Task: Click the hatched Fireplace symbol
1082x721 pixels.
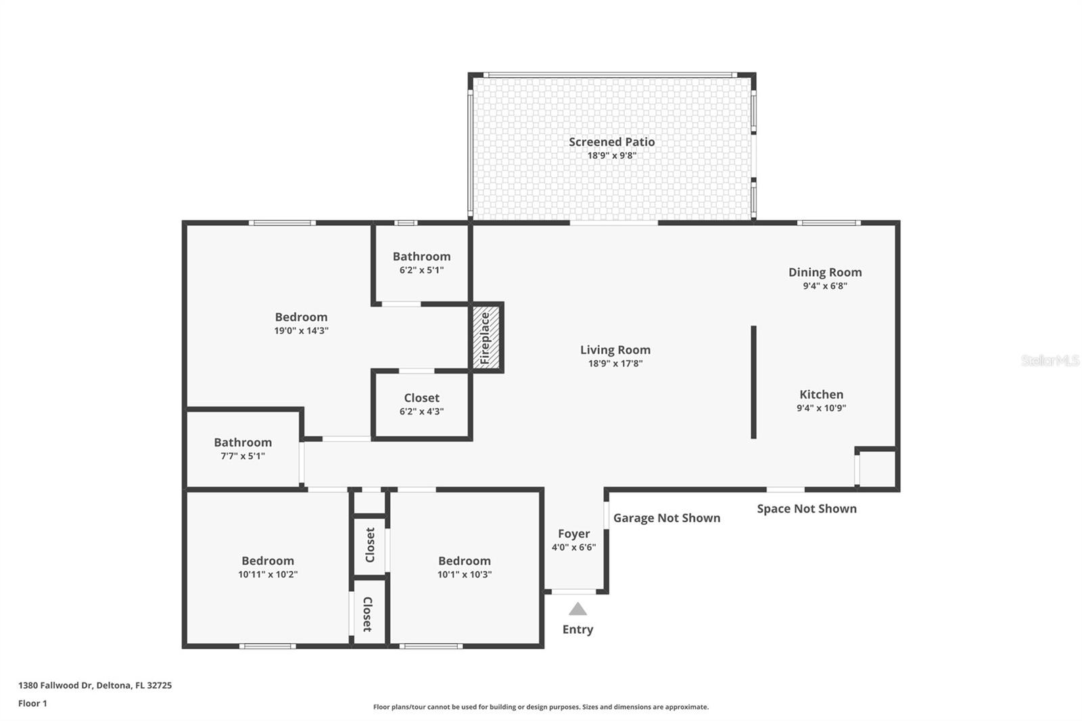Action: tap(486, 338)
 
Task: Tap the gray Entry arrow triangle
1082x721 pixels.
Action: tap(578, 609)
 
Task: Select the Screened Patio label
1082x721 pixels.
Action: tap(611, 142)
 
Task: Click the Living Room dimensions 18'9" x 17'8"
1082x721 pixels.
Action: tap(615, 364)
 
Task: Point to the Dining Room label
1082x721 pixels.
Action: tap(825, 273)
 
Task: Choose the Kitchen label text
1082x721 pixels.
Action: tap(821, 394)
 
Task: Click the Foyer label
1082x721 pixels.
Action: tap(573, 534)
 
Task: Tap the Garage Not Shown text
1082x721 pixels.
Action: tap(666, 518)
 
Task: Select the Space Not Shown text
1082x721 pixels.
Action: tap(806, 509)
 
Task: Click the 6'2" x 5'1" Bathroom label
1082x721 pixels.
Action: tap(421, 256)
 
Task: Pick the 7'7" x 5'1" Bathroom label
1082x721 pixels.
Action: tap(243, 442)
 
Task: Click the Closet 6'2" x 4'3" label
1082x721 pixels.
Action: tap(421, 398)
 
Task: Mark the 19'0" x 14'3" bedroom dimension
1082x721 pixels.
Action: tap(301, 331)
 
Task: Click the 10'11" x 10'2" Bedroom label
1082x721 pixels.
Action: tap(268, 561)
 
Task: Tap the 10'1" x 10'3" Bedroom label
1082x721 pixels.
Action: tap(464, 561)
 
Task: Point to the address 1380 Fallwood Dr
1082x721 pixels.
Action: tap(95, 685)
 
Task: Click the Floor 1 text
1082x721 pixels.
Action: tap(32, 703)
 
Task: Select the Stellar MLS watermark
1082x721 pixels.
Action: tap(1050, 360)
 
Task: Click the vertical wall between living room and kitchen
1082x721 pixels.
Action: tap(753, 382)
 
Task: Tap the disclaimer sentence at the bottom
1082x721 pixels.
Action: tap(540, 707)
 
